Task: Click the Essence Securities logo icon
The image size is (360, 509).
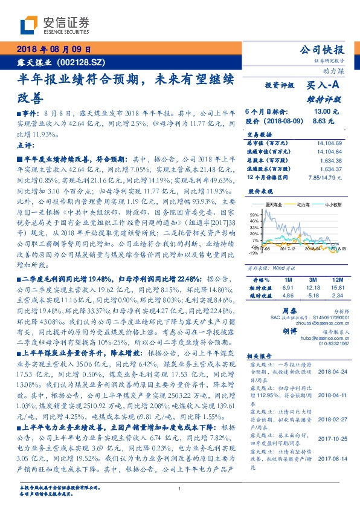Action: (x=30, y=25)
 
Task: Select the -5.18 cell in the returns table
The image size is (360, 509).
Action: (x=312, y=295)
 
